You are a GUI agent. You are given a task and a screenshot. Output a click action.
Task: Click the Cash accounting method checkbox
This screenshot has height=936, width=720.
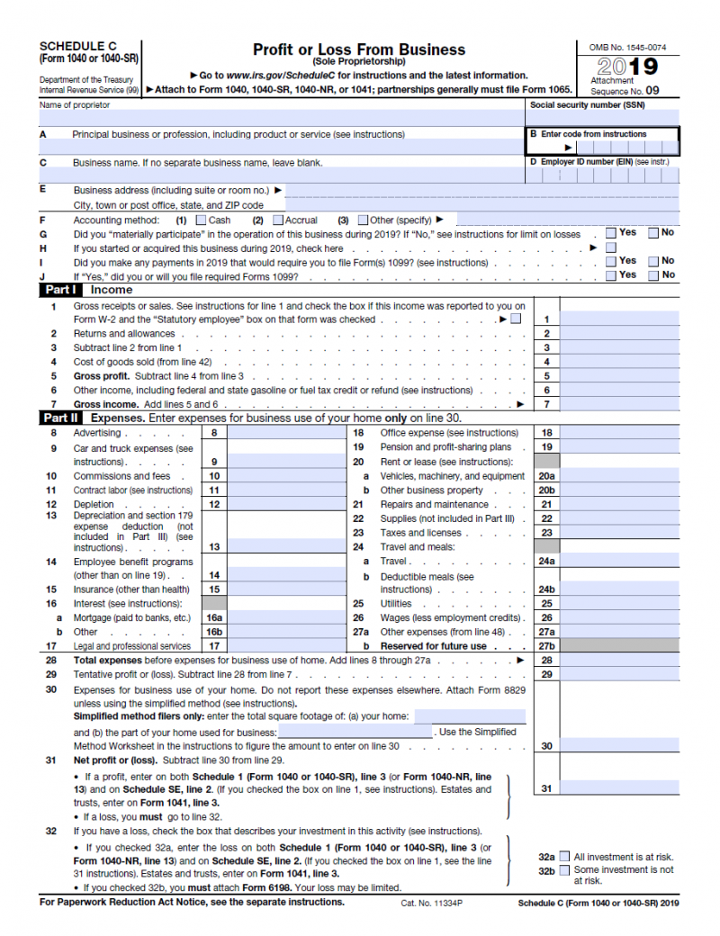pos(201,220)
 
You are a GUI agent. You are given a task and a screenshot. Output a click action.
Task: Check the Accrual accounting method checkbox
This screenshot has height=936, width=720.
pos(278,220)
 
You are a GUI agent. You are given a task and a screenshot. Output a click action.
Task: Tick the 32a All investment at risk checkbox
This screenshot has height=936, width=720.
pos(564,857)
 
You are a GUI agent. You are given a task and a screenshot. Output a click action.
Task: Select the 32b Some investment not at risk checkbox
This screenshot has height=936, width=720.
pos(564,870)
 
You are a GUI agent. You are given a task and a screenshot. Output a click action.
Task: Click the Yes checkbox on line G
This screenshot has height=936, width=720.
pos(611,233)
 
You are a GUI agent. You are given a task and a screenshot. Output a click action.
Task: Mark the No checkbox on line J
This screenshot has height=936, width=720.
pos(653,275)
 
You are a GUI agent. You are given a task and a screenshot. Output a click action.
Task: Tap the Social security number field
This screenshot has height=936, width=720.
pos(604,117)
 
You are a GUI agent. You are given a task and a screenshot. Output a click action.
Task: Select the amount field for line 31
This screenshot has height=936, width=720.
pos(620,788)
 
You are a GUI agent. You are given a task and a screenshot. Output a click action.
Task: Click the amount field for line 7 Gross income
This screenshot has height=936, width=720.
pos(620,405)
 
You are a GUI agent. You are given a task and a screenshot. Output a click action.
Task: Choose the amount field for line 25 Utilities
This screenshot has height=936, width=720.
pos(620,604)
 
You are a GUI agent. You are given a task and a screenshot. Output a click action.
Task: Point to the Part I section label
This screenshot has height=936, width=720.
pos(60,291)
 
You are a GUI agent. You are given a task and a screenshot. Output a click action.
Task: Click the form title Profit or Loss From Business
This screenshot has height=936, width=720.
pos(358,49)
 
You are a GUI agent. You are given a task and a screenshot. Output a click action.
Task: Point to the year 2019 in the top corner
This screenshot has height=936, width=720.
pos(628,67)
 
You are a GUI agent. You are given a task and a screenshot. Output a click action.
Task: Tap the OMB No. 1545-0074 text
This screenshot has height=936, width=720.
pos(628,47)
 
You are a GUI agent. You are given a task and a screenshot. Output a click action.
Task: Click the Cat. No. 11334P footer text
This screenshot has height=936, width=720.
pos(431,902)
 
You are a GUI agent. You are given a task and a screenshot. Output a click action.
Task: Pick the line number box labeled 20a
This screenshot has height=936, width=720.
pos(545,476)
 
